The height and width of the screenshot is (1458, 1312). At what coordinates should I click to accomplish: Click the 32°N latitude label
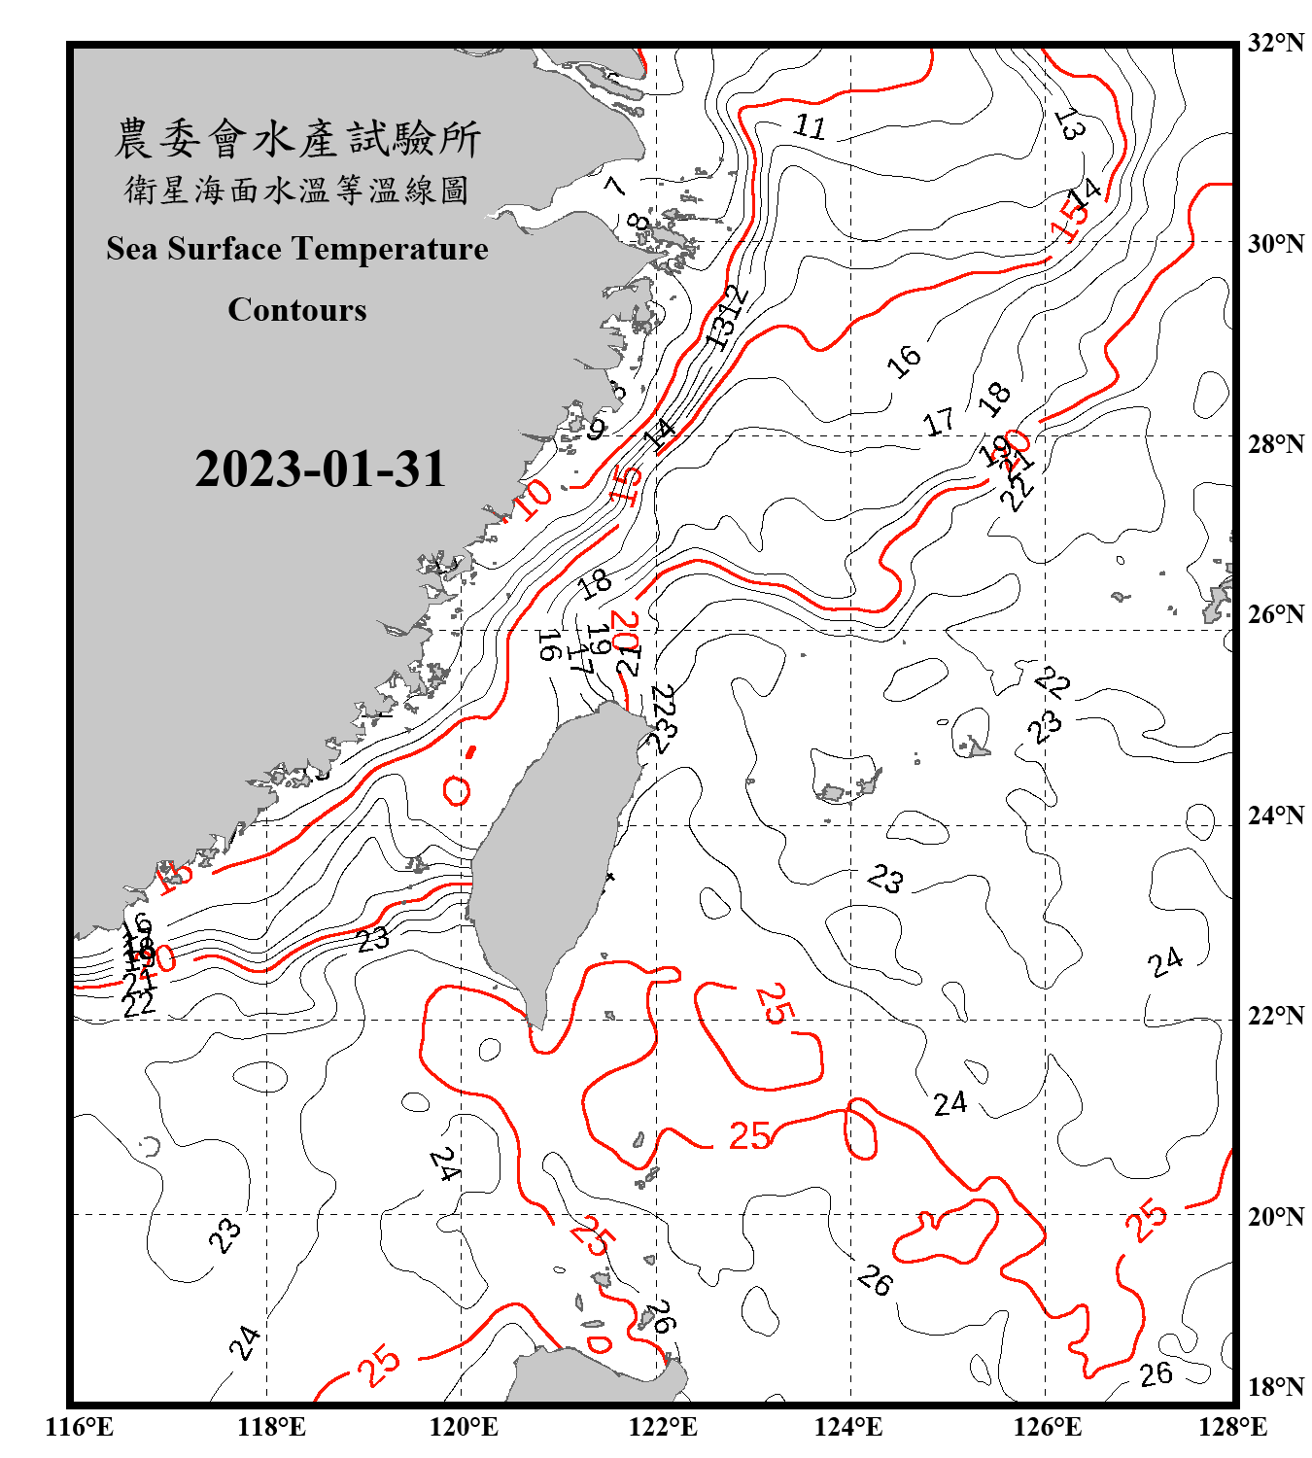1275,43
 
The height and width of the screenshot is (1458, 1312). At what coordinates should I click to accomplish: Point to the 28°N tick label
1275,444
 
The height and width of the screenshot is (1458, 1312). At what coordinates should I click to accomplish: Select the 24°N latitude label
1275,816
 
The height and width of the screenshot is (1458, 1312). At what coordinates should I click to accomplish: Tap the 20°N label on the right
1275,1217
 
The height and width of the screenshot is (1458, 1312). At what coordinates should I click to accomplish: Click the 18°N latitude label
1275,1387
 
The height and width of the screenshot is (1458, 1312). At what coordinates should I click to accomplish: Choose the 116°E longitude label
80,1427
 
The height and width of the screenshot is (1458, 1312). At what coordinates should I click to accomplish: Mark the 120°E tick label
464,1427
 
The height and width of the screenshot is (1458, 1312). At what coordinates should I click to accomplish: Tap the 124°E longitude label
848,1427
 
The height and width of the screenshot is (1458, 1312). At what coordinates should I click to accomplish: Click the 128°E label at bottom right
1232,1427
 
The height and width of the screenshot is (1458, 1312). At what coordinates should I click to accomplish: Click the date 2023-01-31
320,469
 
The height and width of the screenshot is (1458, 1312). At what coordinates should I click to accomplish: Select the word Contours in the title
297,310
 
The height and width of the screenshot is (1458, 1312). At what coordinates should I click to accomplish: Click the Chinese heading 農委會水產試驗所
297,139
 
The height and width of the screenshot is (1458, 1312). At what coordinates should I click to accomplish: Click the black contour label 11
810,126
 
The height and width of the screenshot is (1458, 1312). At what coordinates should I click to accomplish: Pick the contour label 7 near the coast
614,185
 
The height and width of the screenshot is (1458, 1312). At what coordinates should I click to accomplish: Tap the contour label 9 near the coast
596,426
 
